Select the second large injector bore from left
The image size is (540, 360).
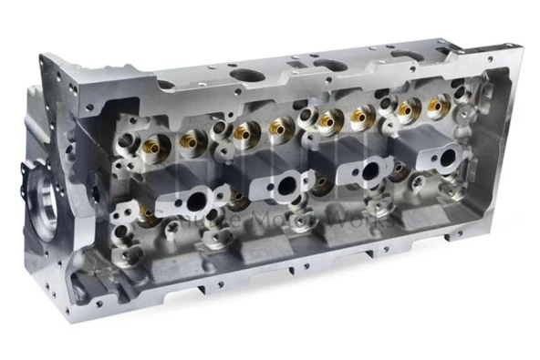coord(286,185)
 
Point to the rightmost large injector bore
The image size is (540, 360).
coord(448,157)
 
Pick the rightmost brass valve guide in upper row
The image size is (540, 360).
coord(439,107)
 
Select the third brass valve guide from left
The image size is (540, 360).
coord(243,132)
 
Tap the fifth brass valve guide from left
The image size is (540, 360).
coord(327,119)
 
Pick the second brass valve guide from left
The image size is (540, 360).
coord(193,138)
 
